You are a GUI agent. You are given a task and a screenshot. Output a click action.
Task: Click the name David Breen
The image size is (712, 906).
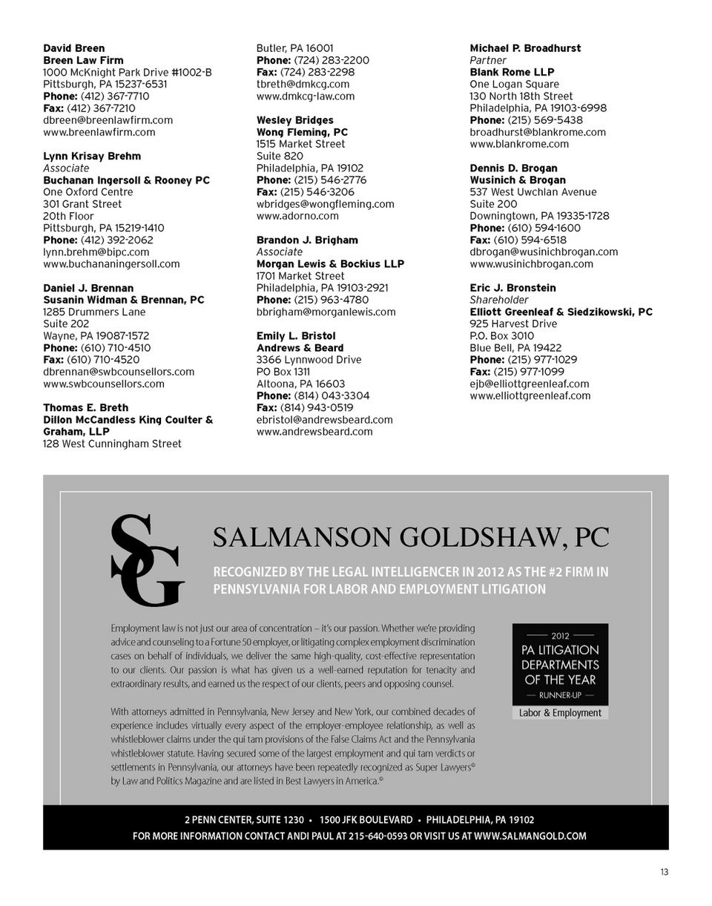(x=74, y=48)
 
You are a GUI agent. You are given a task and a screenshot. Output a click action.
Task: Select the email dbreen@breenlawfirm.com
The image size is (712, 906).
(x=108, y=120)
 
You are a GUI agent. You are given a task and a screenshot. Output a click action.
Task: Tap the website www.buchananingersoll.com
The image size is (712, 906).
(x=111, y=264)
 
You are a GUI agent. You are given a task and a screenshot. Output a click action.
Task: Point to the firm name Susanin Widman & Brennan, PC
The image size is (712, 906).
(x=123, y=300)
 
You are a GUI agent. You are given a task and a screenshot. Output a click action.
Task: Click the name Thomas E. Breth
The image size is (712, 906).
(x=85, y=408)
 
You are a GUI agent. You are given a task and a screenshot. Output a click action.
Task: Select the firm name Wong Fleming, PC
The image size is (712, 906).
(x=302, y=132)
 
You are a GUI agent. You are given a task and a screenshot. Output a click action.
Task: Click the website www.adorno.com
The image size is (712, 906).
(x=297, y=216)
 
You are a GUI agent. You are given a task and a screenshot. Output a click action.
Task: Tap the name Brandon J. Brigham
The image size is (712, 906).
(x=307, y=240)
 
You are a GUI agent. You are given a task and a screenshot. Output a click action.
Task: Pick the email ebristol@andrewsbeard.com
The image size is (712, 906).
(x=325, y=420)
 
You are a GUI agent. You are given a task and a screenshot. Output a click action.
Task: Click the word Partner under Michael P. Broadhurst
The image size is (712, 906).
(x=488, y=60)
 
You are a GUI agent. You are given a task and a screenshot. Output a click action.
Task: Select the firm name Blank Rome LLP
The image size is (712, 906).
(x=512, y=73)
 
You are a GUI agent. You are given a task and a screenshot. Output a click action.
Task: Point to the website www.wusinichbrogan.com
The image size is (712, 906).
(x=531, y=264)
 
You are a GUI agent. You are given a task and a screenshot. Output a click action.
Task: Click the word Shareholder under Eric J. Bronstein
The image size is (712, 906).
(x=499, y=300)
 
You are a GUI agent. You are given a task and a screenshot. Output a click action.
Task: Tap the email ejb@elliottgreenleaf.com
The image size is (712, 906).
(x=530, y=384)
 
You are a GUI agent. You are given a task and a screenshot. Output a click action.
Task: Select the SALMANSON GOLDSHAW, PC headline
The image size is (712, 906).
(x=410, y=537)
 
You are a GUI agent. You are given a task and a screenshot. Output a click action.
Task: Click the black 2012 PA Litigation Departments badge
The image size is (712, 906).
(x=560, y=664)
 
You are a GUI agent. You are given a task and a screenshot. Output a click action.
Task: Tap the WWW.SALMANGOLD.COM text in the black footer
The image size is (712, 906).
(x=530, y=836)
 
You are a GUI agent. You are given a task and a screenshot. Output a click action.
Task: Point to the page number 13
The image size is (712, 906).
(x=664, y=873)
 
